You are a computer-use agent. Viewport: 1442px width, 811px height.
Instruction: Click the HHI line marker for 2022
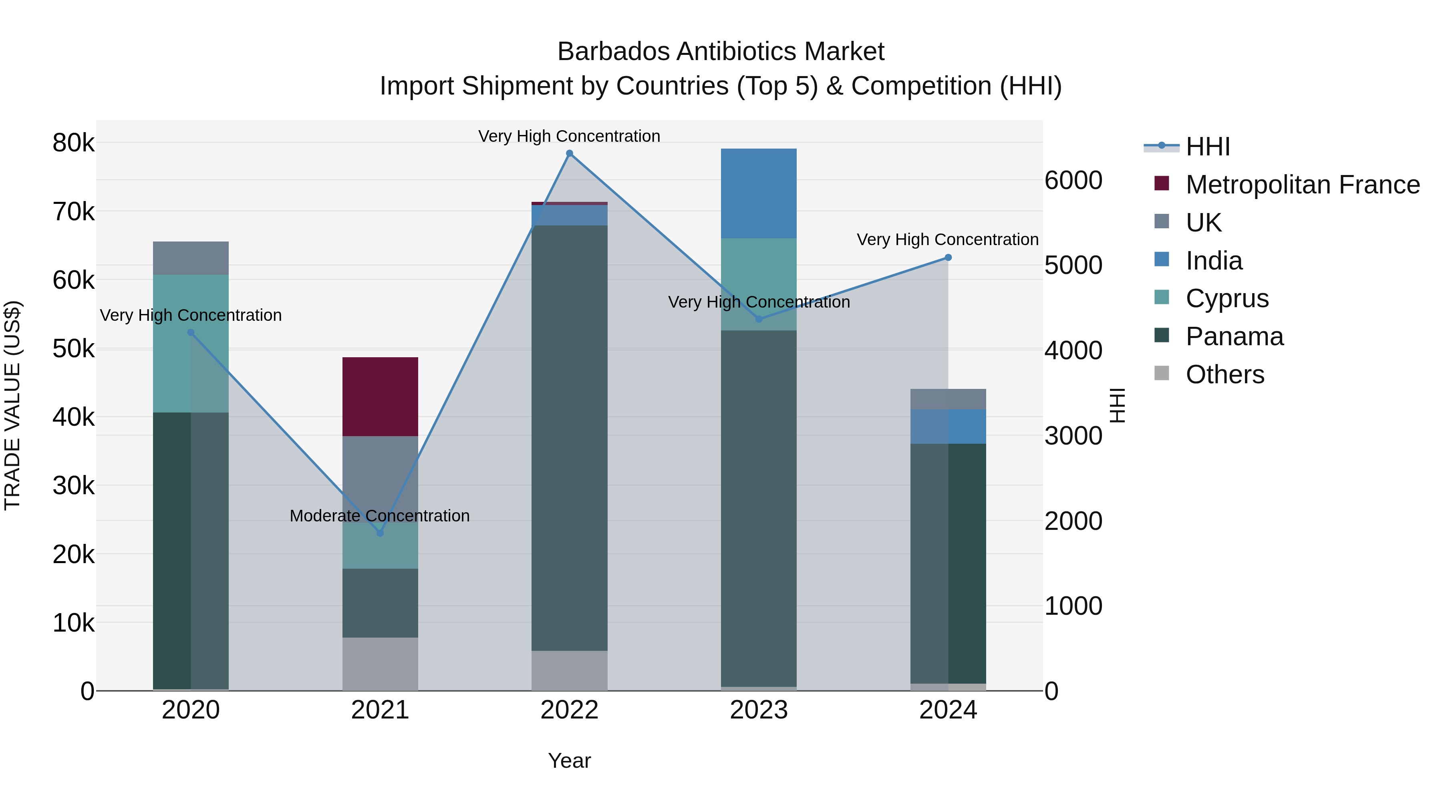pyautogui.click(x=569, y=153)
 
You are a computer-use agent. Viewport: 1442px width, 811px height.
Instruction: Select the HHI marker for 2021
pyautogui.click(x=380, y=533)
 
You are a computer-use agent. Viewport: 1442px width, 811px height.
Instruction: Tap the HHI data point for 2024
pyautogui.click(x=948, y=258)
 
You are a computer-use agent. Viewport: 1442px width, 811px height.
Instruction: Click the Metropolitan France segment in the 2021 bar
pyautogui.click(x=380, y=396)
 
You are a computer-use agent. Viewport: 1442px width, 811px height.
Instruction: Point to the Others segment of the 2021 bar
pyautogui.click(x=380, y=664)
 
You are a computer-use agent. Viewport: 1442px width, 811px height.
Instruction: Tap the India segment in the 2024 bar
pyautogui.click(x=948, y=427)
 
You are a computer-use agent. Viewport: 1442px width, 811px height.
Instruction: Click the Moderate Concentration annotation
pyautogui.click(x=380, y=515)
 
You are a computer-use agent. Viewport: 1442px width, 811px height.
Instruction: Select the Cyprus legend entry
pyautogui.click(x=1227, y=298)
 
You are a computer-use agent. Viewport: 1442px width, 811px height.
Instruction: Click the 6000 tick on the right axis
pyautogui.click(x=1073, y=180)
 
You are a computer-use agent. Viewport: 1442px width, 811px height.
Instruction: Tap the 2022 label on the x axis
pyautogui.click(x=569, y=710)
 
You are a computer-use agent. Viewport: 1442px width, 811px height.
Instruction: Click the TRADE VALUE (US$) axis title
pyautogui.click(x=12, y=406)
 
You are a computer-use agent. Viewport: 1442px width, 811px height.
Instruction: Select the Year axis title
pyautogui.click(x=569, y=761)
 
